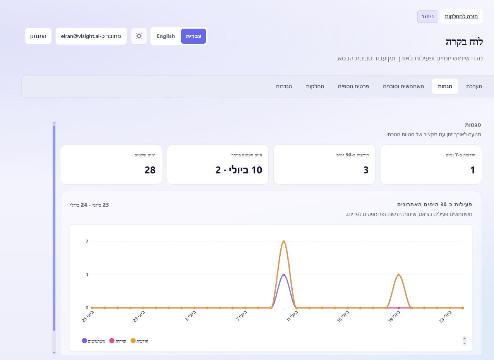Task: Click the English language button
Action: coord(166,36)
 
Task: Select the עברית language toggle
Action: coord(194,36)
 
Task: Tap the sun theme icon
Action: coord(139,36)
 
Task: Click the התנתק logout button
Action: coord(38,36)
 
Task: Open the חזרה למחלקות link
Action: coord(461,17)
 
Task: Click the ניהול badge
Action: coord(428,17)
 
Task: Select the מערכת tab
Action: coord(474,86)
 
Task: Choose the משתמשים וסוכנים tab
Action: coord(403,86)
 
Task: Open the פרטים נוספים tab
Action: coord(353,86)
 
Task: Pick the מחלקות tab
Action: coord(315,86)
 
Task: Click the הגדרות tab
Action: coord(284,86)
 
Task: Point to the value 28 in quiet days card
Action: coord(150,170)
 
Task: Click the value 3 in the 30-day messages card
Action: coord(366,170)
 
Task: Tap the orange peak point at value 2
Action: coord(284,242)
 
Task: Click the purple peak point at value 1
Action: coord(284,275)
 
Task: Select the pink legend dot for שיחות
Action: coord(112,341)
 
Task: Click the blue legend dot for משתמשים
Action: coord(84,341)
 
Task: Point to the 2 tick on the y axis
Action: coord(87,242)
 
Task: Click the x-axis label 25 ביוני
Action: coord(88,317)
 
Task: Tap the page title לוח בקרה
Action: coord(464,42)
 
